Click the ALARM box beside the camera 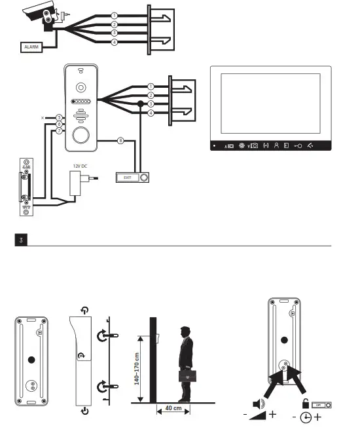[x=31, y=47]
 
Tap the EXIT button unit [x=133, y=177]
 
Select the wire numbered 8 [x=119, y=140]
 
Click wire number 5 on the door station [x=58, y=117]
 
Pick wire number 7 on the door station [x=58, y=131]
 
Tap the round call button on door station [x=81, y=136]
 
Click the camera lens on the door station [x=81, y=87]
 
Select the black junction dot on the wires [x=139, y=104]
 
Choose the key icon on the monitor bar [x=297, y=145]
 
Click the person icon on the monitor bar [x=277, y=145]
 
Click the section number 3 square [x=22, y=240]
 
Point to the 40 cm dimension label [x=173, y=408]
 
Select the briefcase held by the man [x=187, y=375]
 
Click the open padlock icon [x=306, y=404]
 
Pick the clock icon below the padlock [x=304, y=417]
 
